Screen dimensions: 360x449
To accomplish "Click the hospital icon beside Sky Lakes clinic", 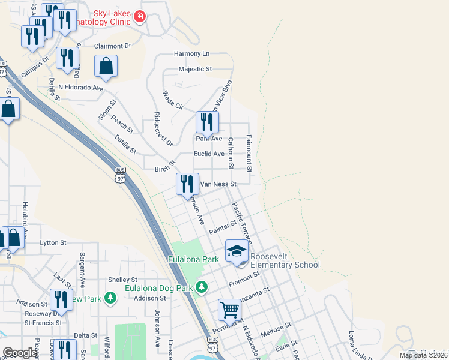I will pyautogui.click(x=140, y=17).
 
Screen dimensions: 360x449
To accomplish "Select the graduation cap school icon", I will pyautogui.click(x=237, y=251).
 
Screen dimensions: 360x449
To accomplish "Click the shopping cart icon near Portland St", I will pyautogui.click(x=229, y=310).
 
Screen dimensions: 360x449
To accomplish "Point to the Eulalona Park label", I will pyautogui.click(x=193, y=260).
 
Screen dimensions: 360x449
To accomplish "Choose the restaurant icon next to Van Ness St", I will pyautogui.click(x=187, y=183).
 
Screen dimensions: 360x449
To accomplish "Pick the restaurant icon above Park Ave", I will pyautogui.click(x=206, y=122).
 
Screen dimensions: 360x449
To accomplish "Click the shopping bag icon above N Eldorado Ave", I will pyautogui.click(x=106, y=67).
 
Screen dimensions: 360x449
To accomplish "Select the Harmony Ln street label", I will pyautogui.click(x=192, y=54).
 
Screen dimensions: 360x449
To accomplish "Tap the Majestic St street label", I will pyautogui.click(x=196, y=70).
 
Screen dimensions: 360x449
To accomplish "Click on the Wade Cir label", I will pyautogui.click(x=173, y=100).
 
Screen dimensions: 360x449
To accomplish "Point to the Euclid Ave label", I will pyautogui.click(x=209, y=154).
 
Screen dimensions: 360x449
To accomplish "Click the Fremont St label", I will pyautogui.click(x=247, y=277).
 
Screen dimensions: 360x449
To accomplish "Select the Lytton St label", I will pyautogui.click(x=53, y=242).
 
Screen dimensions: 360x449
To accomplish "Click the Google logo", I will pyautogui.click(x=20, y=353).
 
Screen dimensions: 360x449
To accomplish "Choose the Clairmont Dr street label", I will pyautogui.click(x=112, y=46).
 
